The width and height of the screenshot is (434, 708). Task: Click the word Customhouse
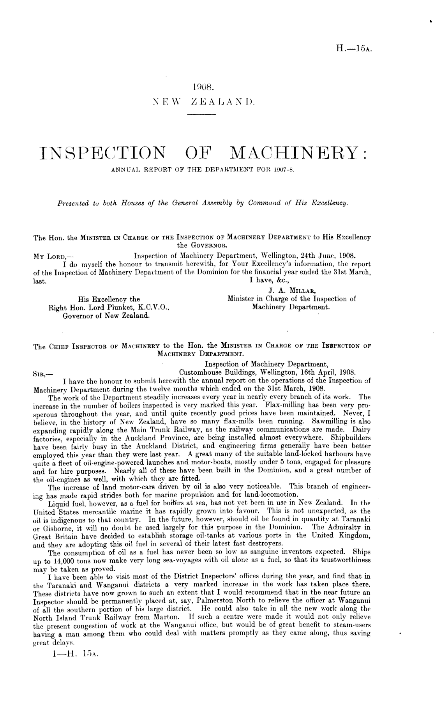click(x=198, y=372)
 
